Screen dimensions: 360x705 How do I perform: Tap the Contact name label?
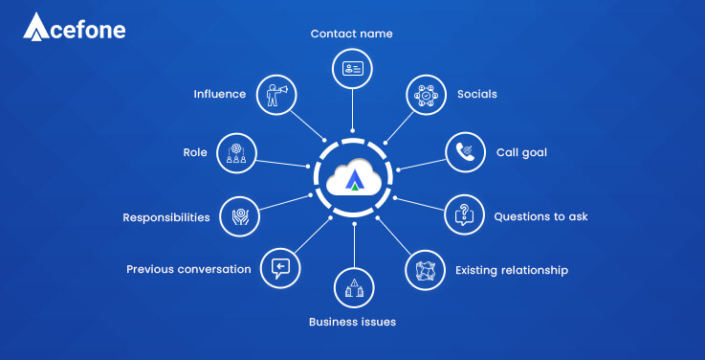click(x=351, y=33)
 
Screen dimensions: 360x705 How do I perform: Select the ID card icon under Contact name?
click(x=352, y=69)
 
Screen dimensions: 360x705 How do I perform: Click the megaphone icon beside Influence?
click(x=277, y=95)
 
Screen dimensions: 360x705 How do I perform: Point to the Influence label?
click(x=219, y=94)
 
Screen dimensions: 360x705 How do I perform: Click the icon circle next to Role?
click(x=236, y=152)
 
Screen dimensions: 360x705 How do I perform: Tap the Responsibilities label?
click(x=166, y=216)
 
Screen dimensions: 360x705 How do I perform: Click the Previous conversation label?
click(x=188, y=269)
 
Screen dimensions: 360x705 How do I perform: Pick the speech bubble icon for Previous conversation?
click(x=279, y=268)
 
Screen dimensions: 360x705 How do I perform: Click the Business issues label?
click(x=352, y=321)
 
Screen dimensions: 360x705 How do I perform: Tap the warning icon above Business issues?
click(x=352, y=288)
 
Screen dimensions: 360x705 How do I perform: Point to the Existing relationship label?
click(x=511, y=270)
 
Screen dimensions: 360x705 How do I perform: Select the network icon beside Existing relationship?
click(x=424, y=269)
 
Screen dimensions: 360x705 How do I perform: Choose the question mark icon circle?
click(x=463, y=214)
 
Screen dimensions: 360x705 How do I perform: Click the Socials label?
click(x=477, y=94)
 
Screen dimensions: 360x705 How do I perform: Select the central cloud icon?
click(x=352, y=181)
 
